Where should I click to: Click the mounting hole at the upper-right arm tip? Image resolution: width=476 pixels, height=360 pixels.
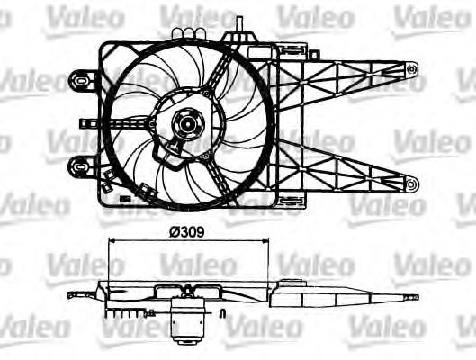(411, 67)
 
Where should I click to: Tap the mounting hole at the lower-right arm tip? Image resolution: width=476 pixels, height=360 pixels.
(411, 185)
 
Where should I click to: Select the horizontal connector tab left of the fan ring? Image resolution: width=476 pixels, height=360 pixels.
(90, 124)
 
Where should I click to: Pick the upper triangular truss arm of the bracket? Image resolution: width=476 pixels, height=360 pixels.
(351, 74)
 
